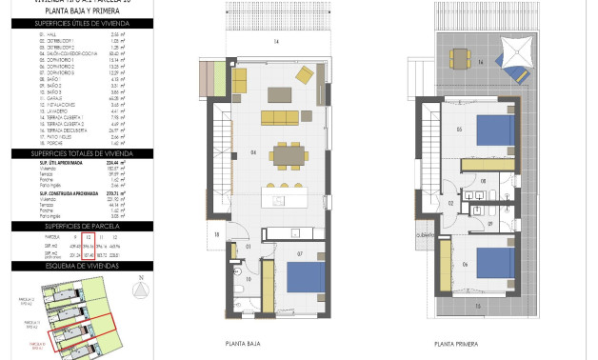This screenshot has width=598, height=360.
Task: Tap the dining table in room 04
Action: click(x=286, y=152)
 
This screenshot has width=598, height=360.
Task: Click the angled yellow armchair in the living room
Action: click(x=305, y=74)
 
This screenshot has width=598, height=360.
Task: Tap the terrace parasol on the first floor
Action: click(x=518, y=47)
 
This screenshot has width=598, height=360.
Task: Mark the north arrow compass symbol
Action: click(x=141, y=290)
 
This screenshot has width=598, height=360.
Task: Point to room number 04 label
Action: click(x=253, y=152)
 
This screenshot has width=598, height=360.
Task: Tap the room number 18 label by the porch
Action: click(x=217, y=234)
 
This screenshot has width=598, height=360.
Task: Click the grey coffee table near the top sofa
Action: click(x=280, y=93)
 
